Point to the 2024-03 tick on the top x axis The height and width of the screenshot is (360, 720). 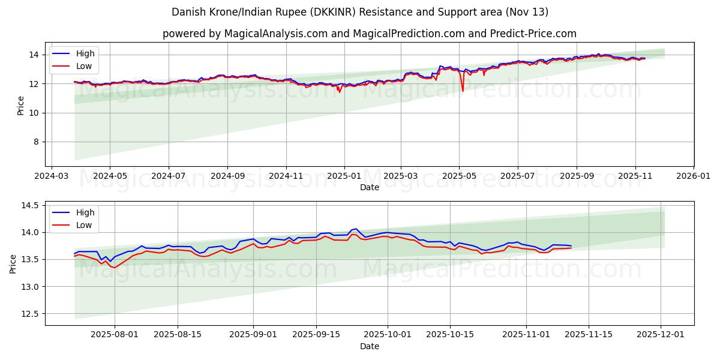tap(52, 176)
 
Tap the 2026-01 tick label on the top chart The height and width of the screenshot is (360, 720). tap(694, 176)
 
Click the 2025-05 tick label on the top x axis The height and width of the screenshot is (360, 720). tap(459, 176)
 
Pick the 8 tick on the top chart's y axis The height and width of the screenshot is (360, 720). tap(35, 142)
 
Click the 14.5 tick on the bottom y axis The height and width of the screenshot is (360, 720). tap(30, 205)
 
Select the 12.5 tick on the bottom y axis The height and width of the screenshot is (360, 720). tap(30, 314)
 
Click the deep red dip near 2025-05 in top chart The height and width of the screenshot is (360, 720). tap(463, 90)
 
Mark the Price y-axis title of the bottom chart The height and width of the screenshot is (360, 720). tap(13, 263)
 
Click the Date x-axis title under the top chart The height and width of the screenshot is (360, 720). tap(369, 187)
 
